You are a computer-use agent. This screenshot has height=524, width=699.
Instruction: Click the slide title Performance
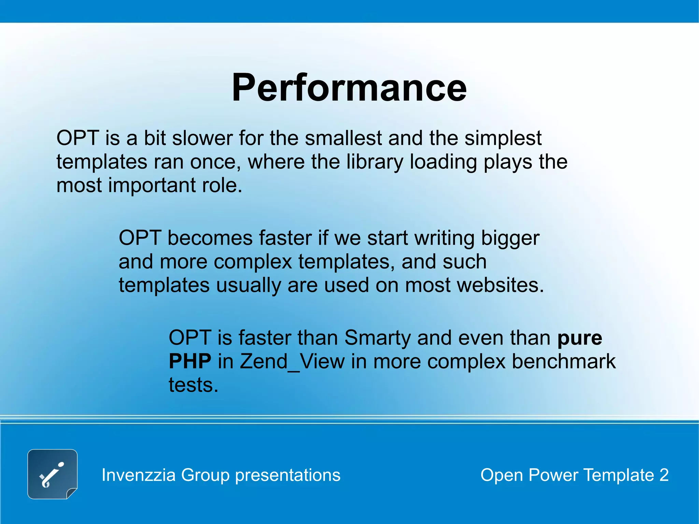click(x=349, y=88)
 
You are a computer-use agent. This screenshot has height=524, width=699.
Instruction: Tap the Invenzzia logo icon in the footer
click(x=52, y=474)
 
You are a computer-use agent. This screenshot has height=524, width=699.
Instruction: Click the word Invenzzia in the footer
click(x=139, y=475)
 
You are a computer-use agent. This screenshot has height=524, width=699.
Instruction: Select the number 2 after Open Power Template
click(x=664, y=475)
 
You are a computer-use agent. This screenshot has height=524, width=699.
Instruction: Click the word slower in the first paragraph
click(x=202, y=138)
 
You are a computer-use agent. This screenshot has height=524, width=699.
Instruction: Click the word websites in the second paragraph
click(x=474, y=285)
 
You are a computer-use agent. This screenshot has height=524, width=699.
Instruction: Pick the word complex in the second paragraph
click(x=253, y=262)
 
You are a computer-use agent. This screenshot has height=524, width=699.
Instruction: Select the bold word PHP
click(x=190, y=361)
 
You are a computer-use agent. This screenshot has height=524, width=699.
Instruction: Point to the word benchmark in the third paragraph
click(x=564, y=361)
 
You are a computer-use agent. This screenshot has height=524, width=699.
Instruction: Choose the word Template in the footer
click(x=618, y=475)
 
